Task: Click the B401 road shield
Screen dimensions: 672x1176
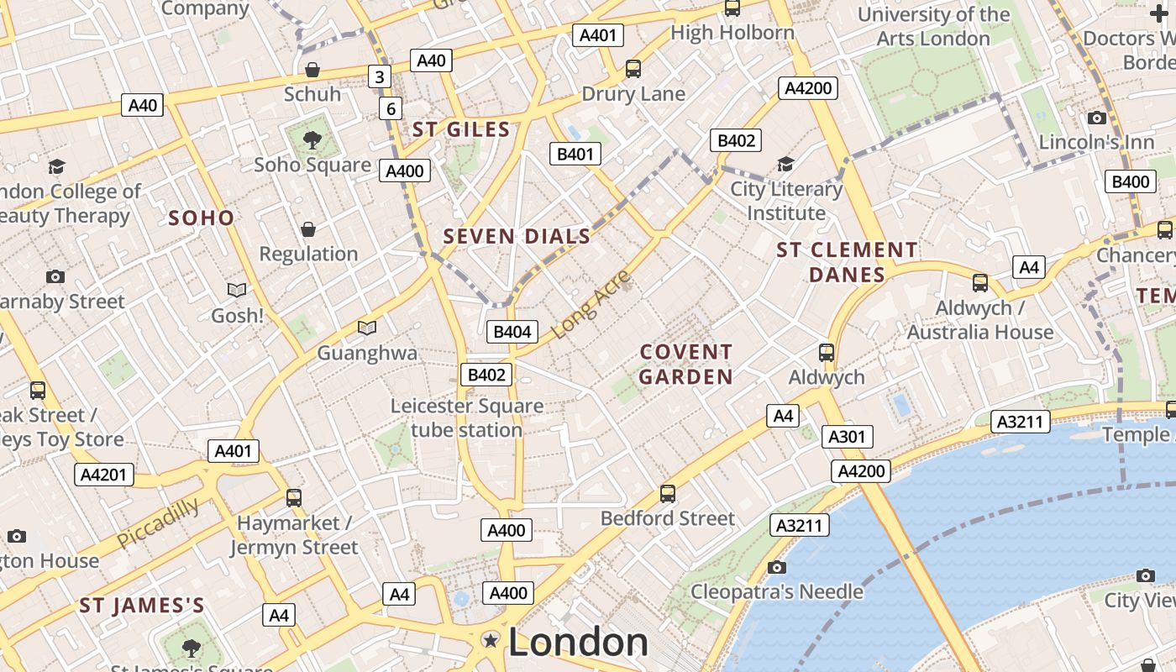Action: [x=575, y=154]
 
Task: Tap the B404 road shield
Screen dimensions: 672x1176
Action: [x=512, y=332]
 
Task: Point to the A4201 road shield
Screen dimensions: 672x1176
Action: [x=103, y=475]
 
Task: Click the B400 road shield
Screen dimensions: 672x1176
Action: [x=1131, y=181]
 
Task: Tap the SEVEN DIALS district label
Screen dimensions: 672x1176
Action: [x=517, y=237]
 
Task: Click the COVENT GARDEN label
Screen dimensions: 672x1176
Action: [x=685, y=364]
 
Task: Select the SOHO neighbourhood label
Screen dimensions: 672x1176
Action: [x=202, y=218]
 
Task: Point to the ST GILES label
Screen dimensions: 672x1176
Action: [x=461, y=129]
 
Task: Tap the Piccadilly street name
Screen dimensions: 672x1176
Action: [x=158, y=522]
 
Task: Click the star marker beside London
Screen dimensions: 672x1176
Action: [x=491, y=642]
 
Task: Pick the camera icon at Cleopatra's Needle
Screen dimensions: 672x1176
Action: [x=777, y=567]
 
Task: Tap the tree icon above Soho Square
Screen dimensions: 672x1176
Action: [x=312, y=139]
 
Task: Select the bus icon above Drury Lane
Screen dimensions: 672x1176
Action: [x=633, y=69]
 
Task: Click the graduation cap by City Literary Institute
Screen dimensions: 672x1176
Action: [x=785, y=164]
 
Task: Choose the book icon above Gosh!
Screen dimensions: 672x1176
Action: [x=238, y=290]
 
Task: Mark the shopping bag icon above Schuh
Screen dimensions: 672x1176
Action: [x=312, y=69]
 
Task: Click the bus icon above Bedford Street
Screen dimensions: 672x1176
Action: [x=668, y=493]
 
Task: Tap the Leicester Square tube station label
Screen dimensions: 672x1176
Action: [x=467, y=418]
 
